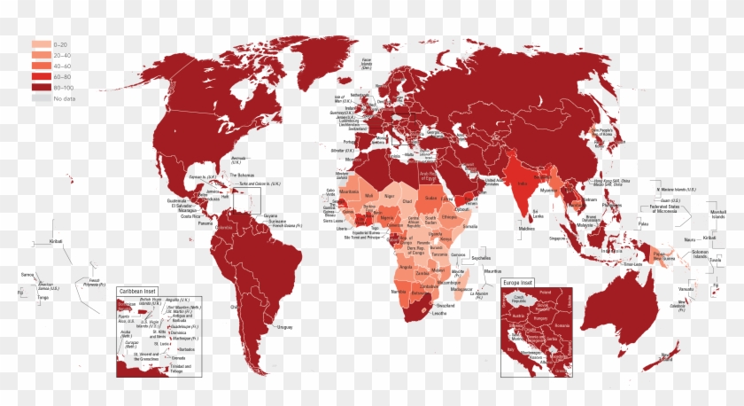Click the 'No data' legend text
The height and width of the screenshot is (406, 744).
pyautogui.click(x=64, y=98)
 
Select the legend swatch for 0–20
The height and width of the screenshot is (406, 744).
pyautogui.click(x=41, y=43)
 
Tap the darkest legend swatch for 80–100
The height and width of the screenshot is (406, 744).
pyautogui.click(x=41, y=88)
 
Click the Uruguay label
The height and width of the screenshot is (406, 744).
pyautogui.click(x=283, y=327)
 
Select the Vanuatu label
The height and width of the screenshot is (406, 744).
pyautogui.click(x=686, y=289)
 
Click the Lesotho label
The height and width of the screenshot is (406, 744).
pyautogui.click(x=440, y=312)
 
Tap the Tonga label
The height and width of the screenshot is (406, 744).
pyautogui.click(x=42, y=298)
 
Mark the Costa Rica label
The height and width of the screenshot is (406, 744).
pyautogui.click(x=190, y=216)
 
